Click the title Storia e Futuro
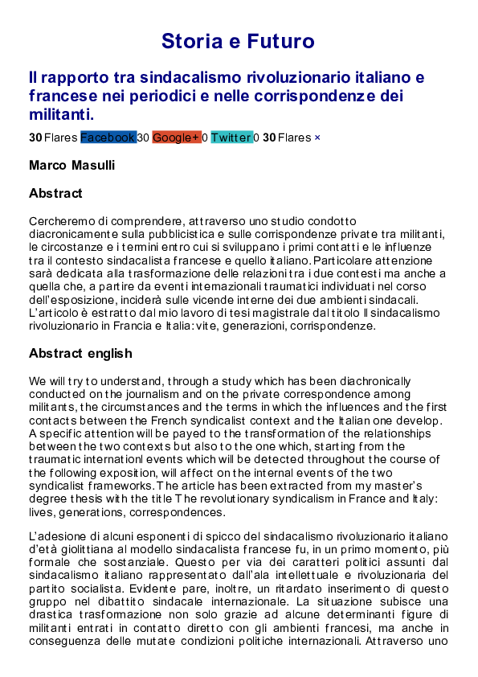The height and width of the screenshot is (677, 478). [238, 41]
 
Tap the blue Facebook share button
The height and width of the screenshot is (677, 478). [108, 137]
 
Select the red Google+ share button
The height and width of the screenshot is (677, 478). [176, 137]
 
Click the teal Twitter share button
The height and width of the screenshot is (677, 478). [231, 137]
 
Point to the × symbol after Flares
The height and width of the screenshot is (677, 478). [317, 137]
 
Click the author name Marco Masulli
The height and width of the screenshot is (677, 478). [71, 166]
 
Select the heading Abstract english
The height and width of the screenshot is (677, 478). [80, 354]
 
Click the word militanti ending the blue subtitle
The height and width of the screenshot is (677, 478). [61, 114]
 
